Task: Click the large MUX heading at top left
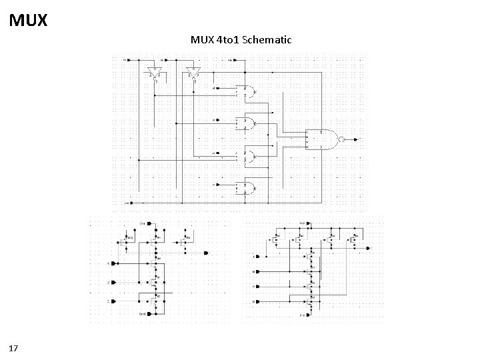click(29, 20)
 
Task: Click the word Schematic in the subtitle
click(267, 40)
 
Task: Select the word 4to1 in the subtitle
click(227, 40)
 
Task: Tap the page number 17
click(14, 347)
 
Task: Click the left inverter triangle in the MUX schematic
click(155, 73)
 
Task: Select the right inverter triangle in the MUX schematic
click(194, 73)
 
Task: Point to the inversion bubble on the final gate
click(341, 139)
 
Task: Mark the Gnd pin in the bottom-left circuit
click(141, 313)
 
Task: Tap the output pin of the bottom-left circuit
click(205, 253)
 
